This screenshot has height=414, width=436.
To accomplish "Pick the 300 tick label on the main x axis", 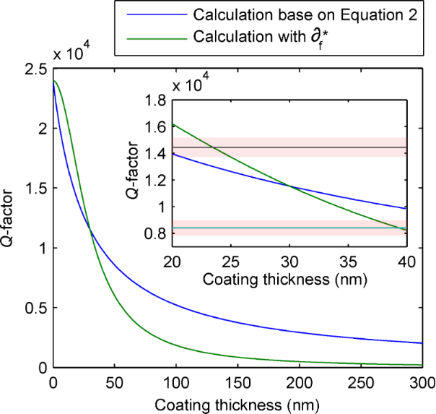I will [x=422, y=381].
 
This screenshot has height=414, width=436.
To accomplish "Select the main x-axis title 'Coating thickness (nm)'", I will [x=237, y=402].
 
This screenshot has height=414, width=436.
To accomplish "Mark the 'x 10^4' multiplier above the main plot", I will [x=74, y=53].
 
